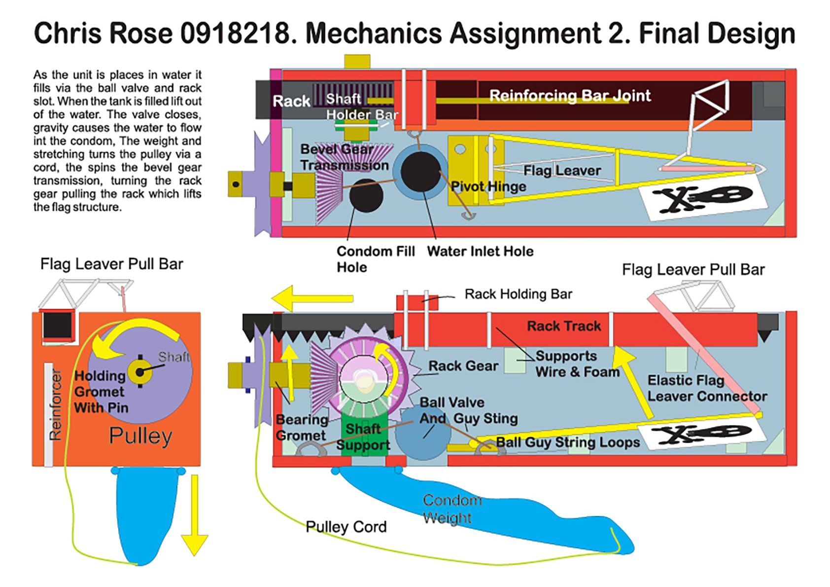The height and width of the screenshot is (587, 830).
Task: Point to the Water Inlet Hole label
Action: [x=480, y=252]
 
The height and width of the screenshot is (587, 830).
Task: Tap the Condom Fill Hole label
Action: [x=375, y=259]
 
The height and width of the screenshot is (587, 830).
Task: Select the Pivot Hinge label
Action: [x=488, y=186]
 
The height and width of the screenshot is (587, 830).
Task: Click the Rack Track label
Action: [x=564, y=326]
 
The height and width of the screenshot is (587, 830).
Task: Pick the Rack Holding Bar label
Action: [x=518, y=294]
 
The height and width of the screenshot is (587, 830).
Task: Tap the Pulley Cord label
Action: [x=346, y=527]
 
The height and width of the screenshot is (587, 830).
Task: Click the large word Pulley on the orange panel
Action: [x=140, y=436]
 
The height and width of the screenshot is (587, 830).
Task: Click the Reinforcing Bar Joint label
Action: [x=569, y=96]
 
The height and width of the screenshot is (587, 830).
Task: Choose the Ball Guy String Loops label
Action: [x=568, y=442]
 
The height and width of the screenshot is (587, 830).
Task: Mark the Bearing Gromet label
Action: [x=301, y=427]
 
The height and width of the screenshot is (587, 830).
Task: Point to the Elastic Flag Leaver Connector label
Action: [x=707, y=388]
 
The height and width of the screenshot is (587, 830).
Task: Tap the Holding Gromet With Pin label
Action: [x=101, y=392]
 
